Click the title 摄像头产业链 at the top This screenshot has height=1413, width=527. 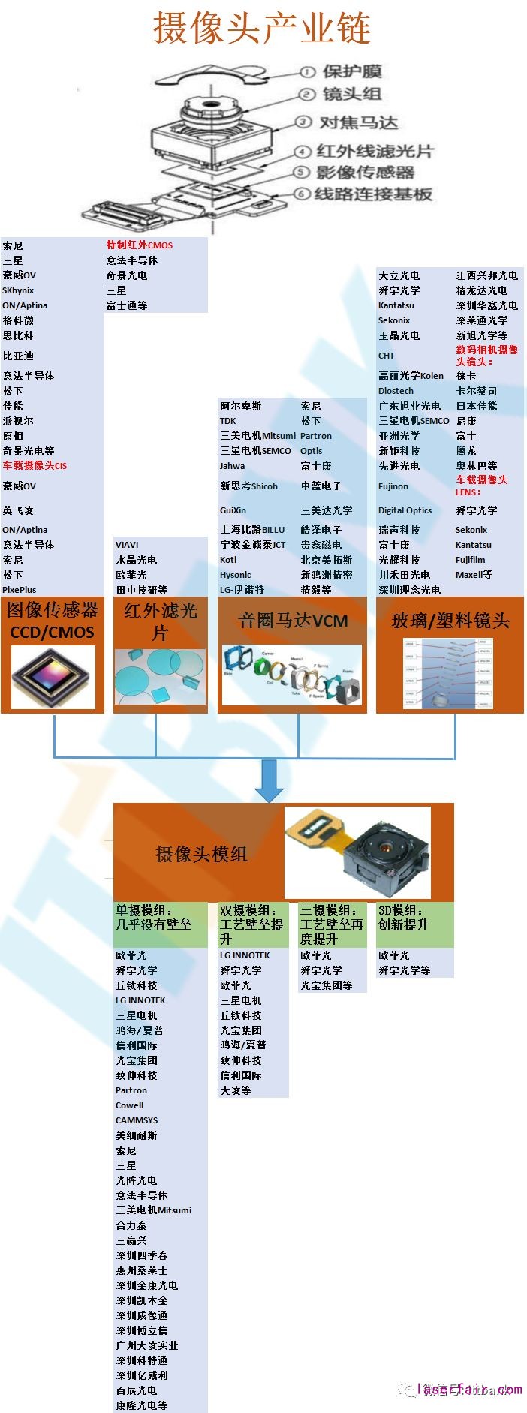click(x=262, y=27)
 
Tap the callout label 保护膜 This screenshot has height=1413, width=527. click(x=352, y=72)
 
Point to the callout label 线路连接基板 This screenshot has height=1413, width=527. click(x=373, y=194)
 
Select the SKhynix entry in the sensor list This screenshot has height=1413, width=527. click(x=18, y=290)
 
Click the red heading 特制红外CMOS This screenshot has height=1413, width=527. click(x=140, y=245)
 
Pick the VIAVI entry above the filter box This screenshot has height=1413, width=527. click(x=127, y=545)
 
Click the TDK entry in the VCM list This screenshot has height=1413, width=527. click(x=228, y=421)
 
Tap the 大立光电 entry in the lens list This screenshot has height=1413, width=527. click(x=399, y=275)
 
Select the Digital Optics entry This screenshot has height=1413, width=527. click(x=405, y=510)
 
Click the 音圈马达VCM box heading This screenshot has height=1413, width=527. click(x=293, y=621)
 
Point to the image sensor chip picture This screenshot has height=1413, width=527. click(x=53, y=678)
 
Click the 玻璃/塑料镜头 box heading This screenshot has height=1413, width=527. click(x=450, y=621)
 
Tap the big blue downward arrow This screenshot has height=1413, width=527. click(x=269, y=780)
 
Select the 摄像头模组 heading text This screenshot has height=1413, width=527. click(x=201, y=854)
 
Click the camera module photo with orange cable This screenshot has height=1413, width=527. click(x=357, y=852)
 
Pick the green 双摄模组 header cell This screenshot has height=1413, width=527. click(x=252, y=924)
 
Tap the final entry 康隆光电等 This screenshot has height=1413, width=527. click(x=142, y=1405)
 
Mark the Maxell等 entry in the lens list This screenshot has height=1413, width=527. click(x=474, y=575)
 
